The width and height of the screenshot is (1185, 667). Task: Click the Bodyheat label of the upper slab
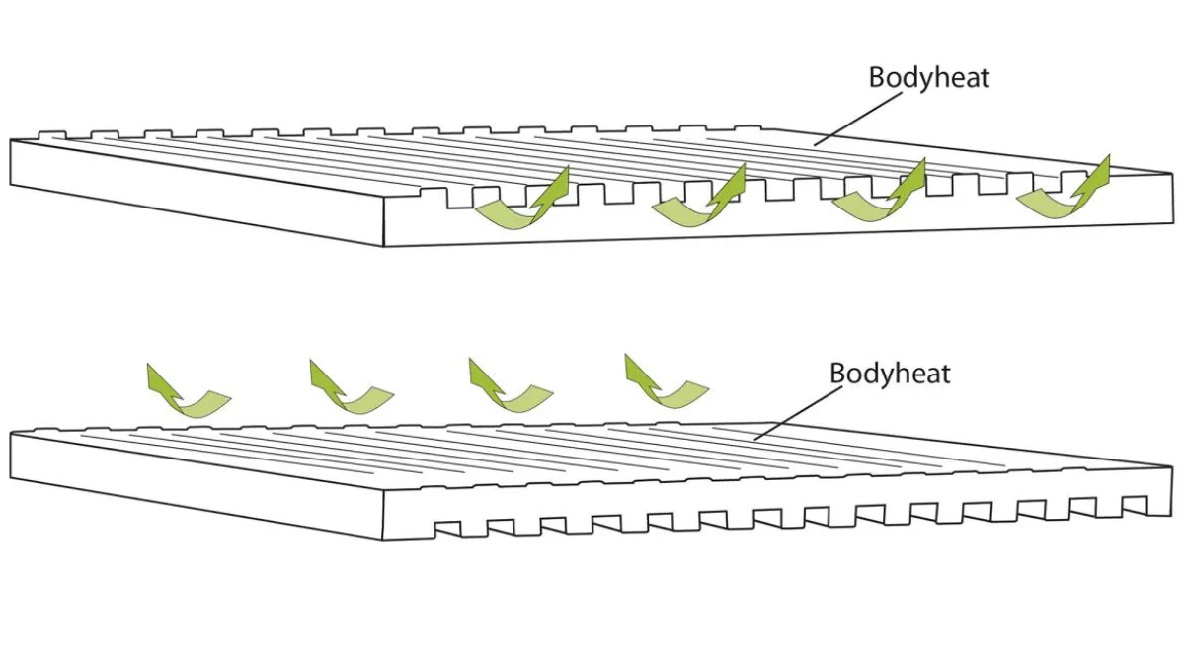tap(929, 78)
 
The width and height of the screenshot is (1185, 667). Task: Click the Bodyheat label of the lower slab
tap(890, 374)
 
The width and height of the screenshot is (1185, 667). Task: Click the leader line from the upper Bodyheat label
tap(857, 120)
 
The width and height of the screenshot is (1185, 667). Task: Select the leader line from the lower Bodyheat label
tap(798, 413)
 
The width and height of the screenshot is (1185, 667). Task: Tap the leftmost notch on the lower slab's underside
tap(447, 529)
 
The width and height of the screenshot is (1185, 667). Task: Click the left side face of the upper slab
tap(197, 194)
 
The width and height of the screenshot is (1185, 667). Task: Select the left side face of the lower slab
tap(197, 486)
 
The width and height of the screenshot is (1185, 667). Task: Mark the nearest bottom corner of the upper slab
tap(383, 247)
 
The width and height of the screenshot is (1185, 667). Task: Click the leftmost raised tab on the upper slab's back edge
tap(53, 135)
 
